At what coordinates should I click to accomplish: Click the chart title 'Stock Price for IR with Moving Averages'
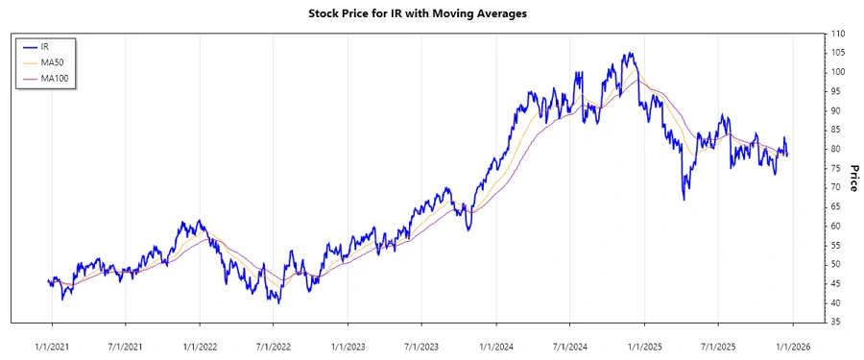pyautogui.click(x=431, y=13)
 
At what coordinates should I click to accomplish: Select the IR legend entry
pyautogui.click(x=45, y=46)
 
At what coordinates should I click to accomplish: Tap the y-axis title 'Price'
pyautogui.click(x=852, y=177)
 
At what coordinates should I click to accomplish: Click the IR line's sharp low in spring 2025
pyautogui.click(x=684, y=199)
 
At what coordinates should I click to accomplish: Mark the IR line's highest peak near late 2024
pyautogui.click(x=628, y=54)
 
